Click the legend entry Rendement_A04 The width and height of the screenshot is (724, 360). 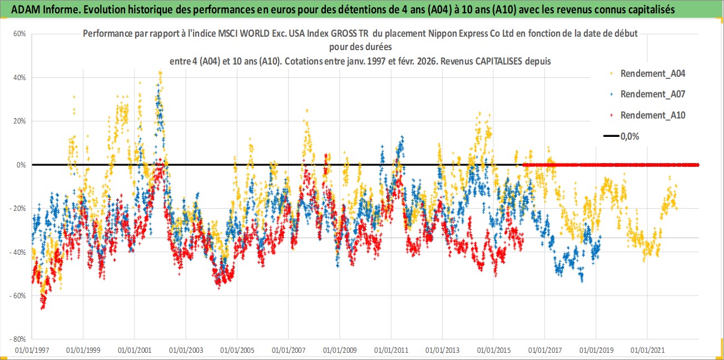652,73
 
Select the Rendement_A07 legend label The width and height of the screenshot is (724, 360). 652,94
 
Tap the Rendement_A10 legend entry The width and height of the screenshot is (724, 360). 652,115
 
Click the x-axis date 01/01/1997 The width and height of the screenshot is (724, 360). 32,351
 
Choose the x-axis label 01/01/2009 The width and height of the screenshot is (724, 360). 340,351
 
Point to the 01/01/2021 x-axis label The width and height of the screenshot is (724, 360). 647,351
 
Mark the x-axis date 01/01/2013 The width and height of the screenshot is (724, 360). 442,351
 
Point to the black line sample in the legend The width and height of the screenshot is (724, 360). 611,136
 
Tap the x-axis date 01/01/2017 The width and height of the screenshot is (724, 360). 545,351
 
